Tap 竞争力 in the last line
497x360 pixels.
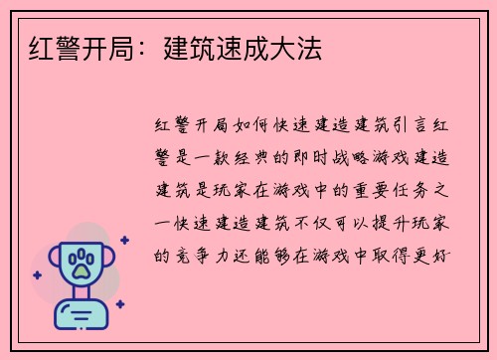[201, 254]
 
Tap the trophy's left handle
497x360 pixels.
[54, 261]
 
